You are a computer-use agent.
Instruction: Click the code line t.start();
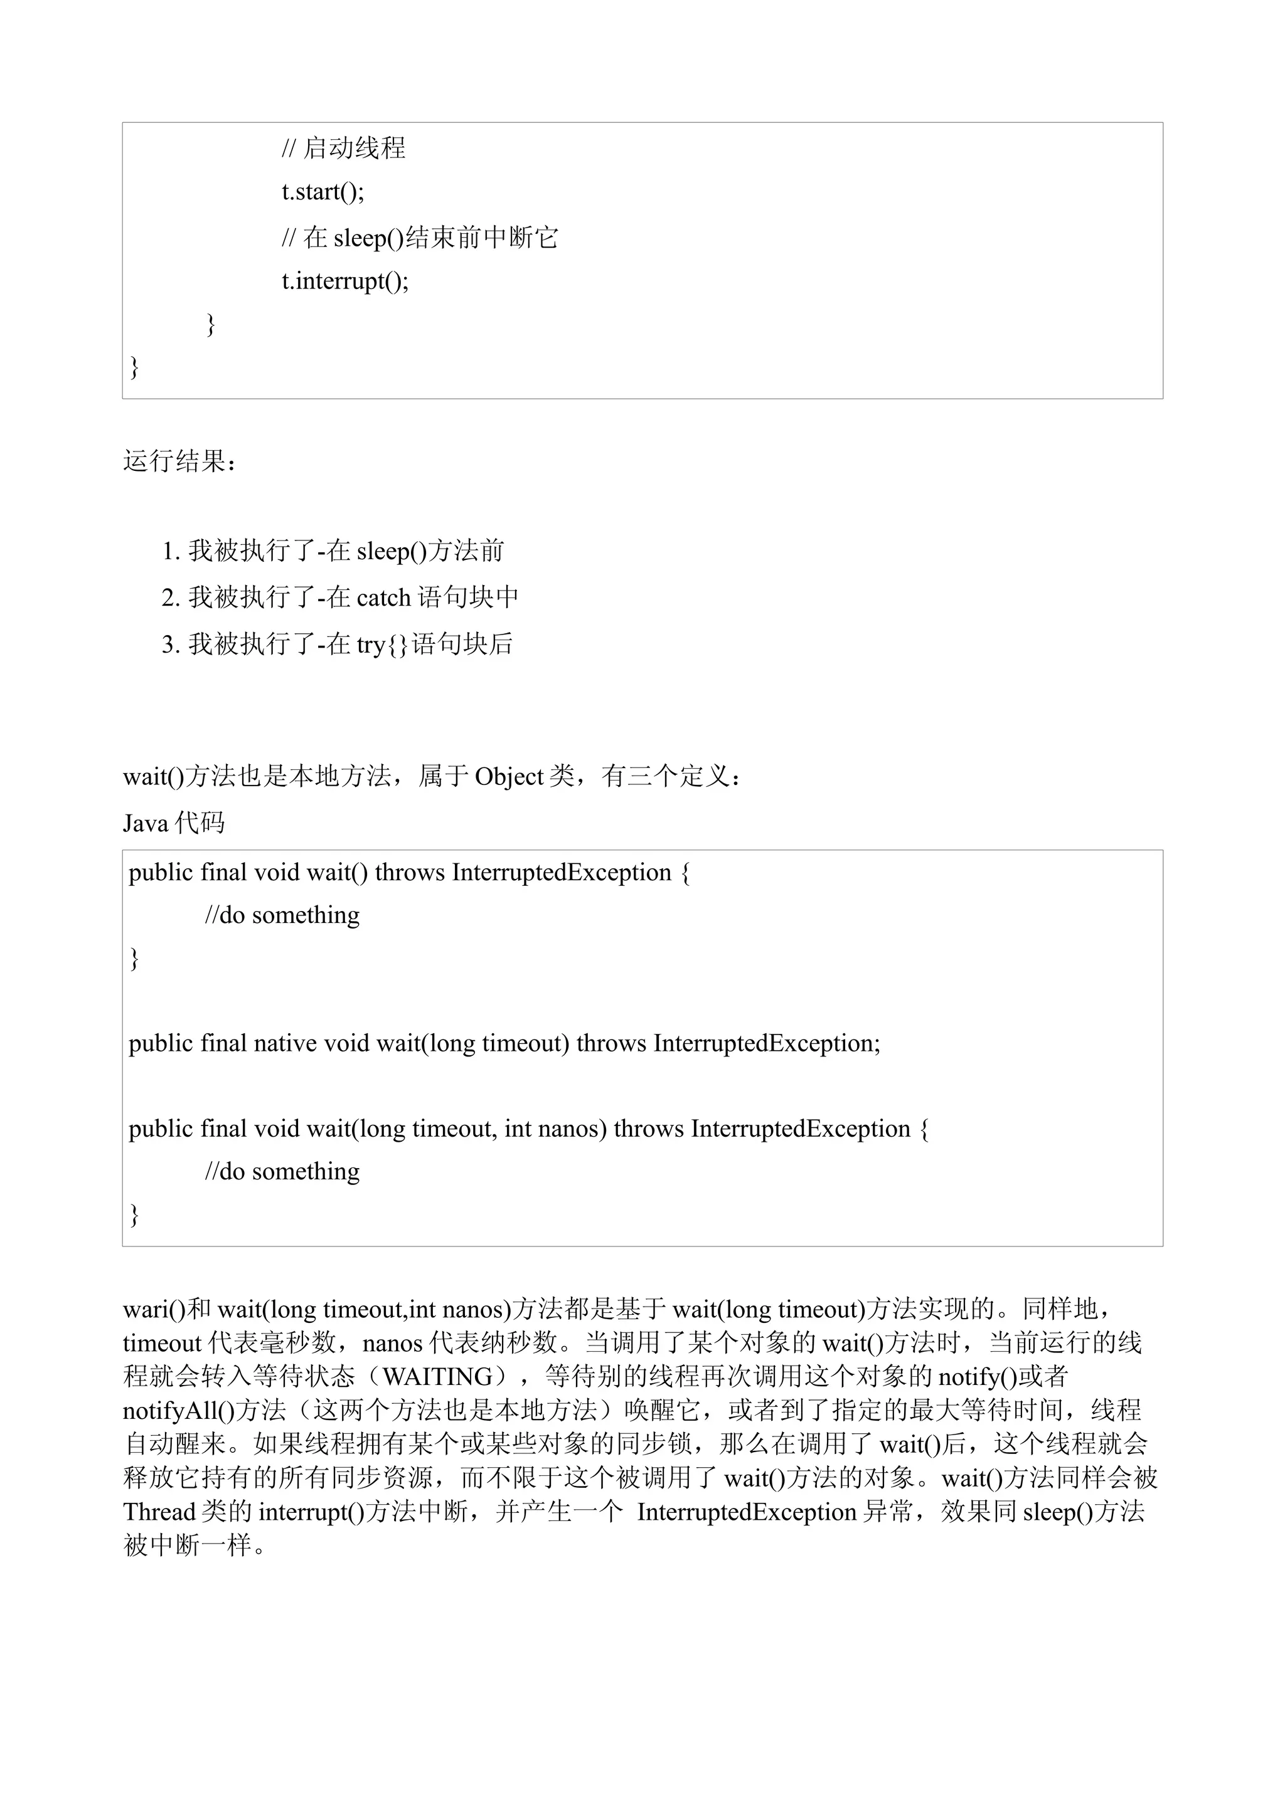(323, 192)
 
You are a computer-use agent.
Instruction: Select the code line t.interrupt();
(345, 282)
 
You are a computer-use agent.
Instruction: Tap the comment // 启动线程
(344, 148)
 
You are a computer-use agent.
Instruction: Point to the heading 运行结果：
(179, 461)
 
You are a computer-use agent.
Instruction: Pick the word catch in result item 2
(383, 598)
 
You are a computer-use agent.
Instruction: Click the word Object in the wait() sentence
(509, 777)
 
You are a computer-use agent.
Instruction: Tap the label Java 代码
(173, 824)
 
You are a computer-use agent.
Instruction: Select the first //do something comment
(282, 915)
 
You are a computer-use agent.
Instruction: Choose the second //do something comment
(282, 1172)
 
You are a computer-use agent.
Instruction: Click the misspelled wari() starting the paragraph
(154, 1310)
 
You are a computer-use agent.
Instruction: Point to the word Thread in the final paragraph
(159, 1512)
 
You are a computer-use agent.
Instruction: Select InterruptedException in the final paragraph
(747, 1512)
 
